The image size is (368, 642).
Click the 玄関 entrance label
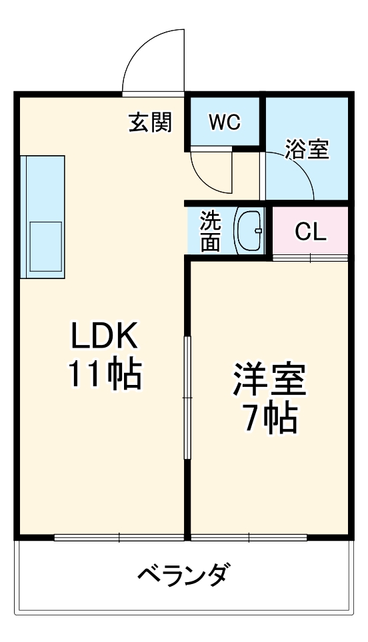pyautogui.click(x=150, y=122)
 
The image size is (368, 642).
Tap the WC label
pyautogui.click(x=224, y=122)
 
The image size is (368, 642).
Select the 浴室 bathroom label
pyautogui.click(x=307, y=149)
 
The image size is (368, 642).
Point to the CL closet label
pyautogui.click(x=311, y=232)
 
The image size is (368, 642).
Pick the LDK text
pyautogui.click(x=105, y=338)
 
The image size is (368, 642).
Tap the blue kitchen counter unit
pyautogui.click(x=43, y=216)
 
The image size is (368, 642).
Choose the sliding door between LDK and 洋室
pyautogui.click(x=187, y=398)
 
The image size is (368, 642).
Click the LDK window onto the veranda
pyautogui.click(x=119, y=537)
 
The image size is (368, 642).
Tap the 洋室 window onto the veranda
pyautogui.click(x=248, y=537)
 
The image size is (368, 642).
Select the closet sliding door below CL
pyautogui.click(x=310, y=258)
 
